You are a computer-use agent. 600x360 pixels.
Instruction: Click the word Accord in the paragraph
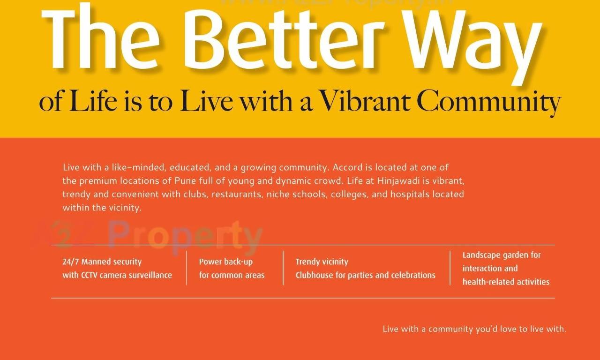[x=347, y=167]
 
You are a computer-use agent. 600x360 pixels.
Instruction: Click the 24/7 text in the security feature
[x=71, y=262]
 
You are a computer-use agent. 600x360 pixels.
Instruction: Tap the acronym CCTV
[x=89, y=276]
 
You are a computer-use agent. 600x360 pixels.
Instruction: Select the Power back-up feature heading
[x=226, y=262]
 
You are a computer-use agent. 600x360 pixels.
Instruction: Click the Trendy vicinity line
[x=322, y=262]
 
